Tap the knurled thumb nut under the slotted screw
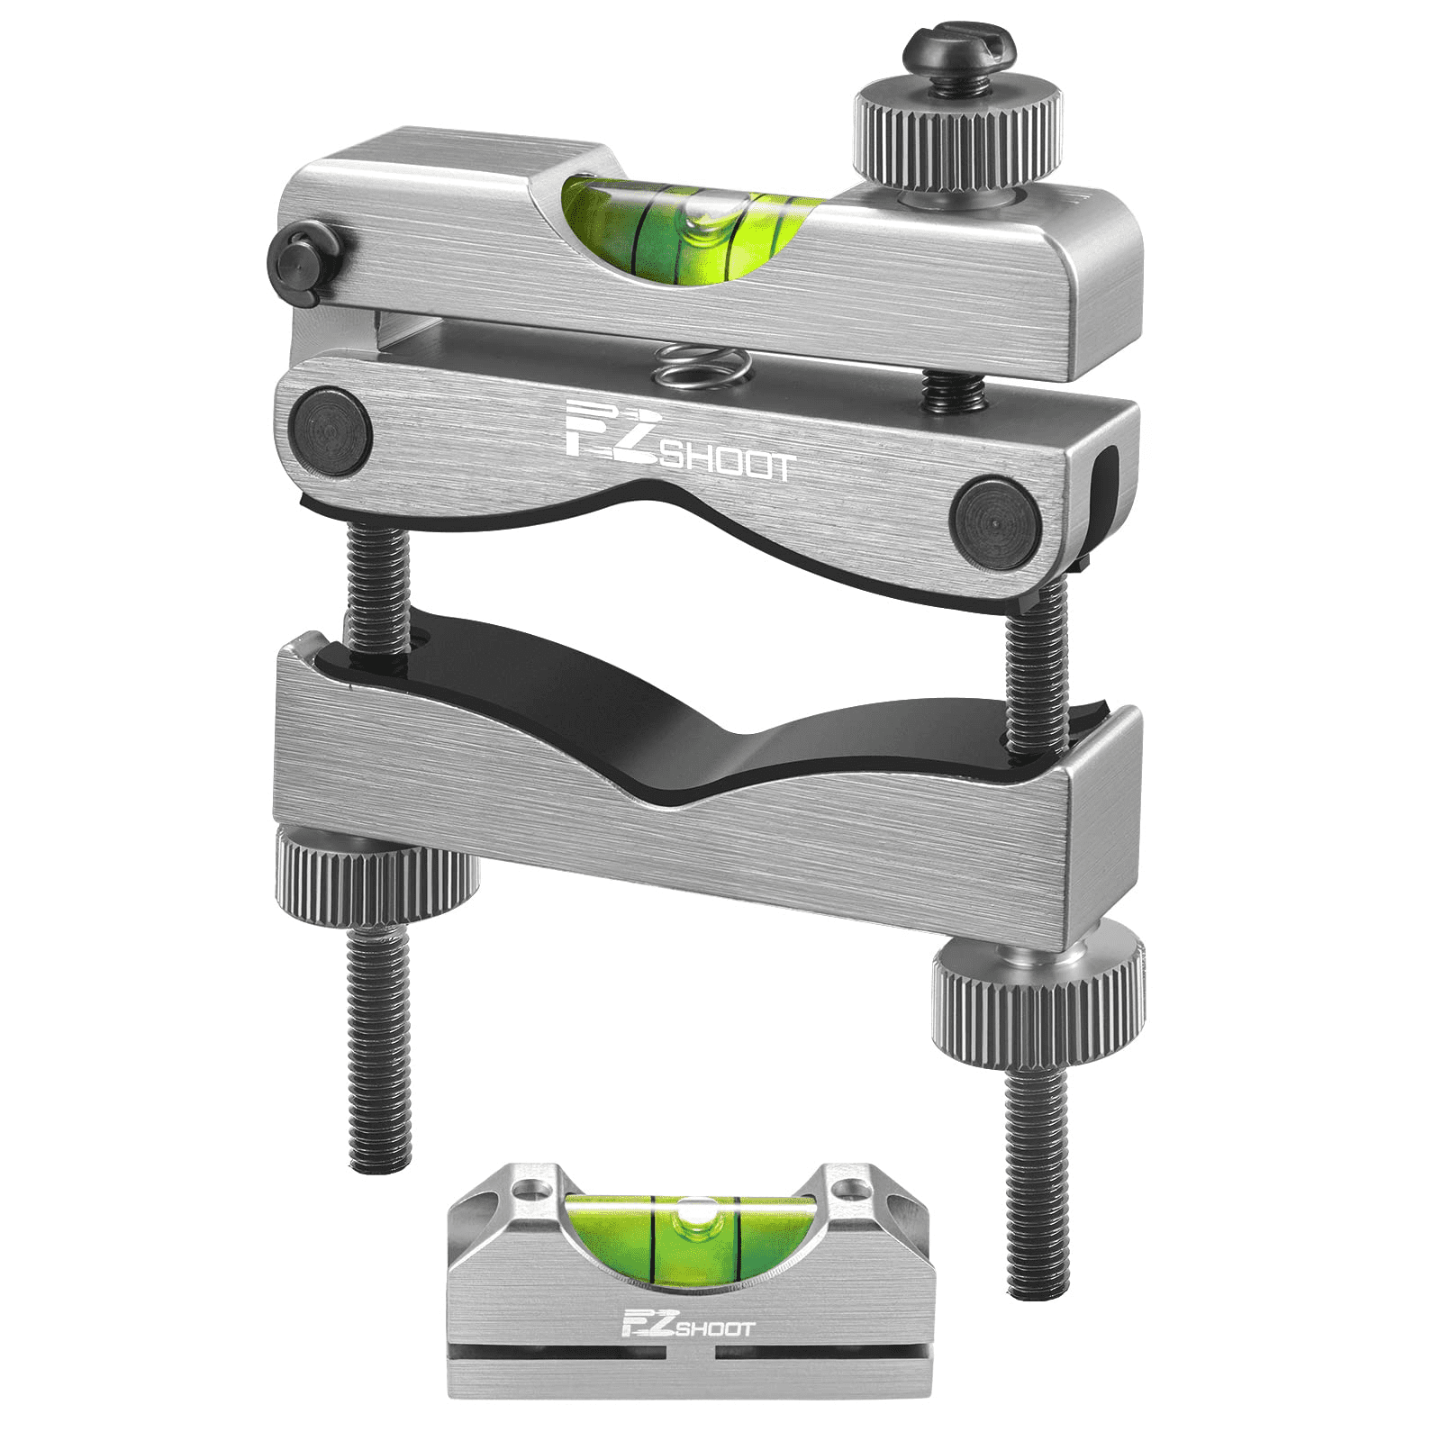click(x=957, y=135)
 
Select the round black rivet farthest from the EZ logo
click(x=995, y=523)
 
